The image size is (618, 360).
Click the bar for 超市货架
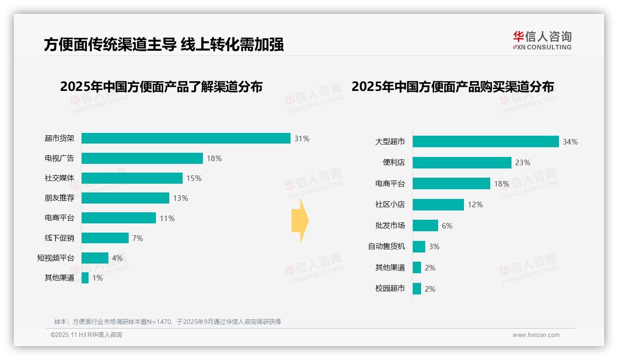tap(186, 138)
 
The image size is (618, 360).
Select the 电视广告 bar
tap(142, 158)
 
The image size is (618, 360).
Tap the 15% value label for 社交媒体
tap(194, 178)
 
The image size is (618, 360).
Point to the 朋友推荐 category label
tap(59, 198)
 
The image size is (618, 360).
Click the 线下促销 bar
tap(105, 238)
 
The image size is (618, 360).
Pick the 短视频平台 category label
tap(55, 258)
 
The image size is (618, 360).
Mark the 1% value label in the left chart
tap(97, 278)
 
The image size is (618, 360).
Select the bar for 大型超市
tap(485, 142)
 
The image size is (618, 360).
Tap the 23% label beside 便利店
tap(523, 162)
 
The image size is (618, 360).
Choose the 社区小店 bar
tap(438, 204)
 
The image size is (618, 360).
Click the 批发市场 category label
tap(390, 225)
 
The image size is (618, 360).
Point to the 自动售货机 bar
tap(419, 246)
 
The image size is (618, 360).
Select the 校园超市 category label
tap(390, 288)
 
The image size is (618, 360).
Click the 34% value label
tap(570, 142)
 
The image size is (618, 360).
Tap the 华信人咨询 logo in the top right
tap(542, 41)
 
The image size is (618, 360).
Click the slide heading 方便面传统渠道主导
tap(110, 44)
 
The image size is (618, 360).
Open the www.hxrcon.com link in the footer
tap(535, 335)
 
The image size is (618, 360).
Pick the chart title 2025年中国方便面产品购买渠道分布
tap(452, 87)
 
